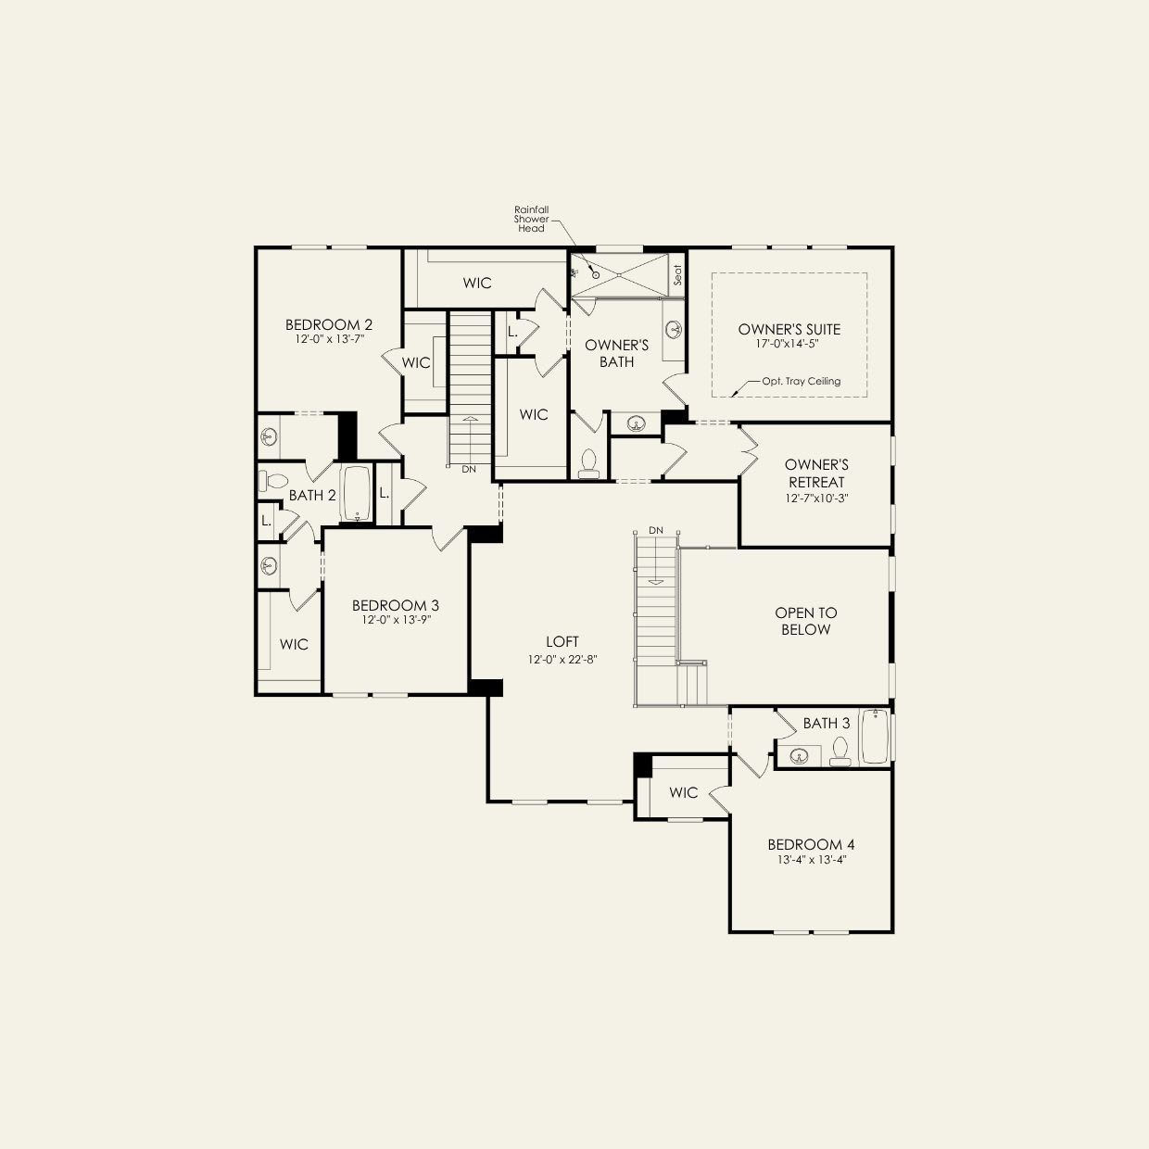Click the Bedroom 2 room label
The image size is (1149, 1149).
click(329, 325)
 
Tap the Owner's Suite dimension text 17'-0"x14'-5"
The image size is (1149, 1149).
click(790, 344)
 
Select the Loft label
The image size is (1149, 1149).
click(562, 641)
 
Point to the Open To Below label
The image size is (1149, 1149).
click(805, 621)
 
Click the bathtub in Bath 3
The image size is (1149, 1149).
click(875, 737)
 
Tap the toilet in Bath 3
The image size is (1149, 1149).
click(840, 751)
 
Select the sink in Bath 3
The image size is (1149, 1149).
click(799, 756)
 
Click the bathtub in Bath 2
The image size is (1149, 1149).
click(357, 493)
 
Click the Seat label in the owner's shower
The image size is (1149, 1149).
click(677, 275)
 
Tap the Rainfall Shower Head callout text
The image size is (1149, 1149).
click(531, 219)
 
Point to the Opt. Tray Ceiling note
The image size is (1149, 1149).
click(801, 381)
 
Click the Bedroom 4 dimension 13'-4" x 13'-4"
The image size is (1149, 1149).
click(811, 859)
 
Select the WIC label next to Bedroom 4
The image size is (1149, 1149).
click(683, 792)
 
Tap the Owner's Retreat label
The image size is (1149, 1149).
click(816, 473)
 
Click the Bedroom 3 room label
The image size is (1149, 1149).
click(396, 605)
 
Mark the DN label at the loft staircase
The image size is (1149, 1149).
click(656, 530)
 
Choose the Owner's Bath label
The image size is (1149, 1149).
click(616, 353)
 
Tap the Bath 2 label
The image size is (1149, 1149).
click(312, 495)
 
